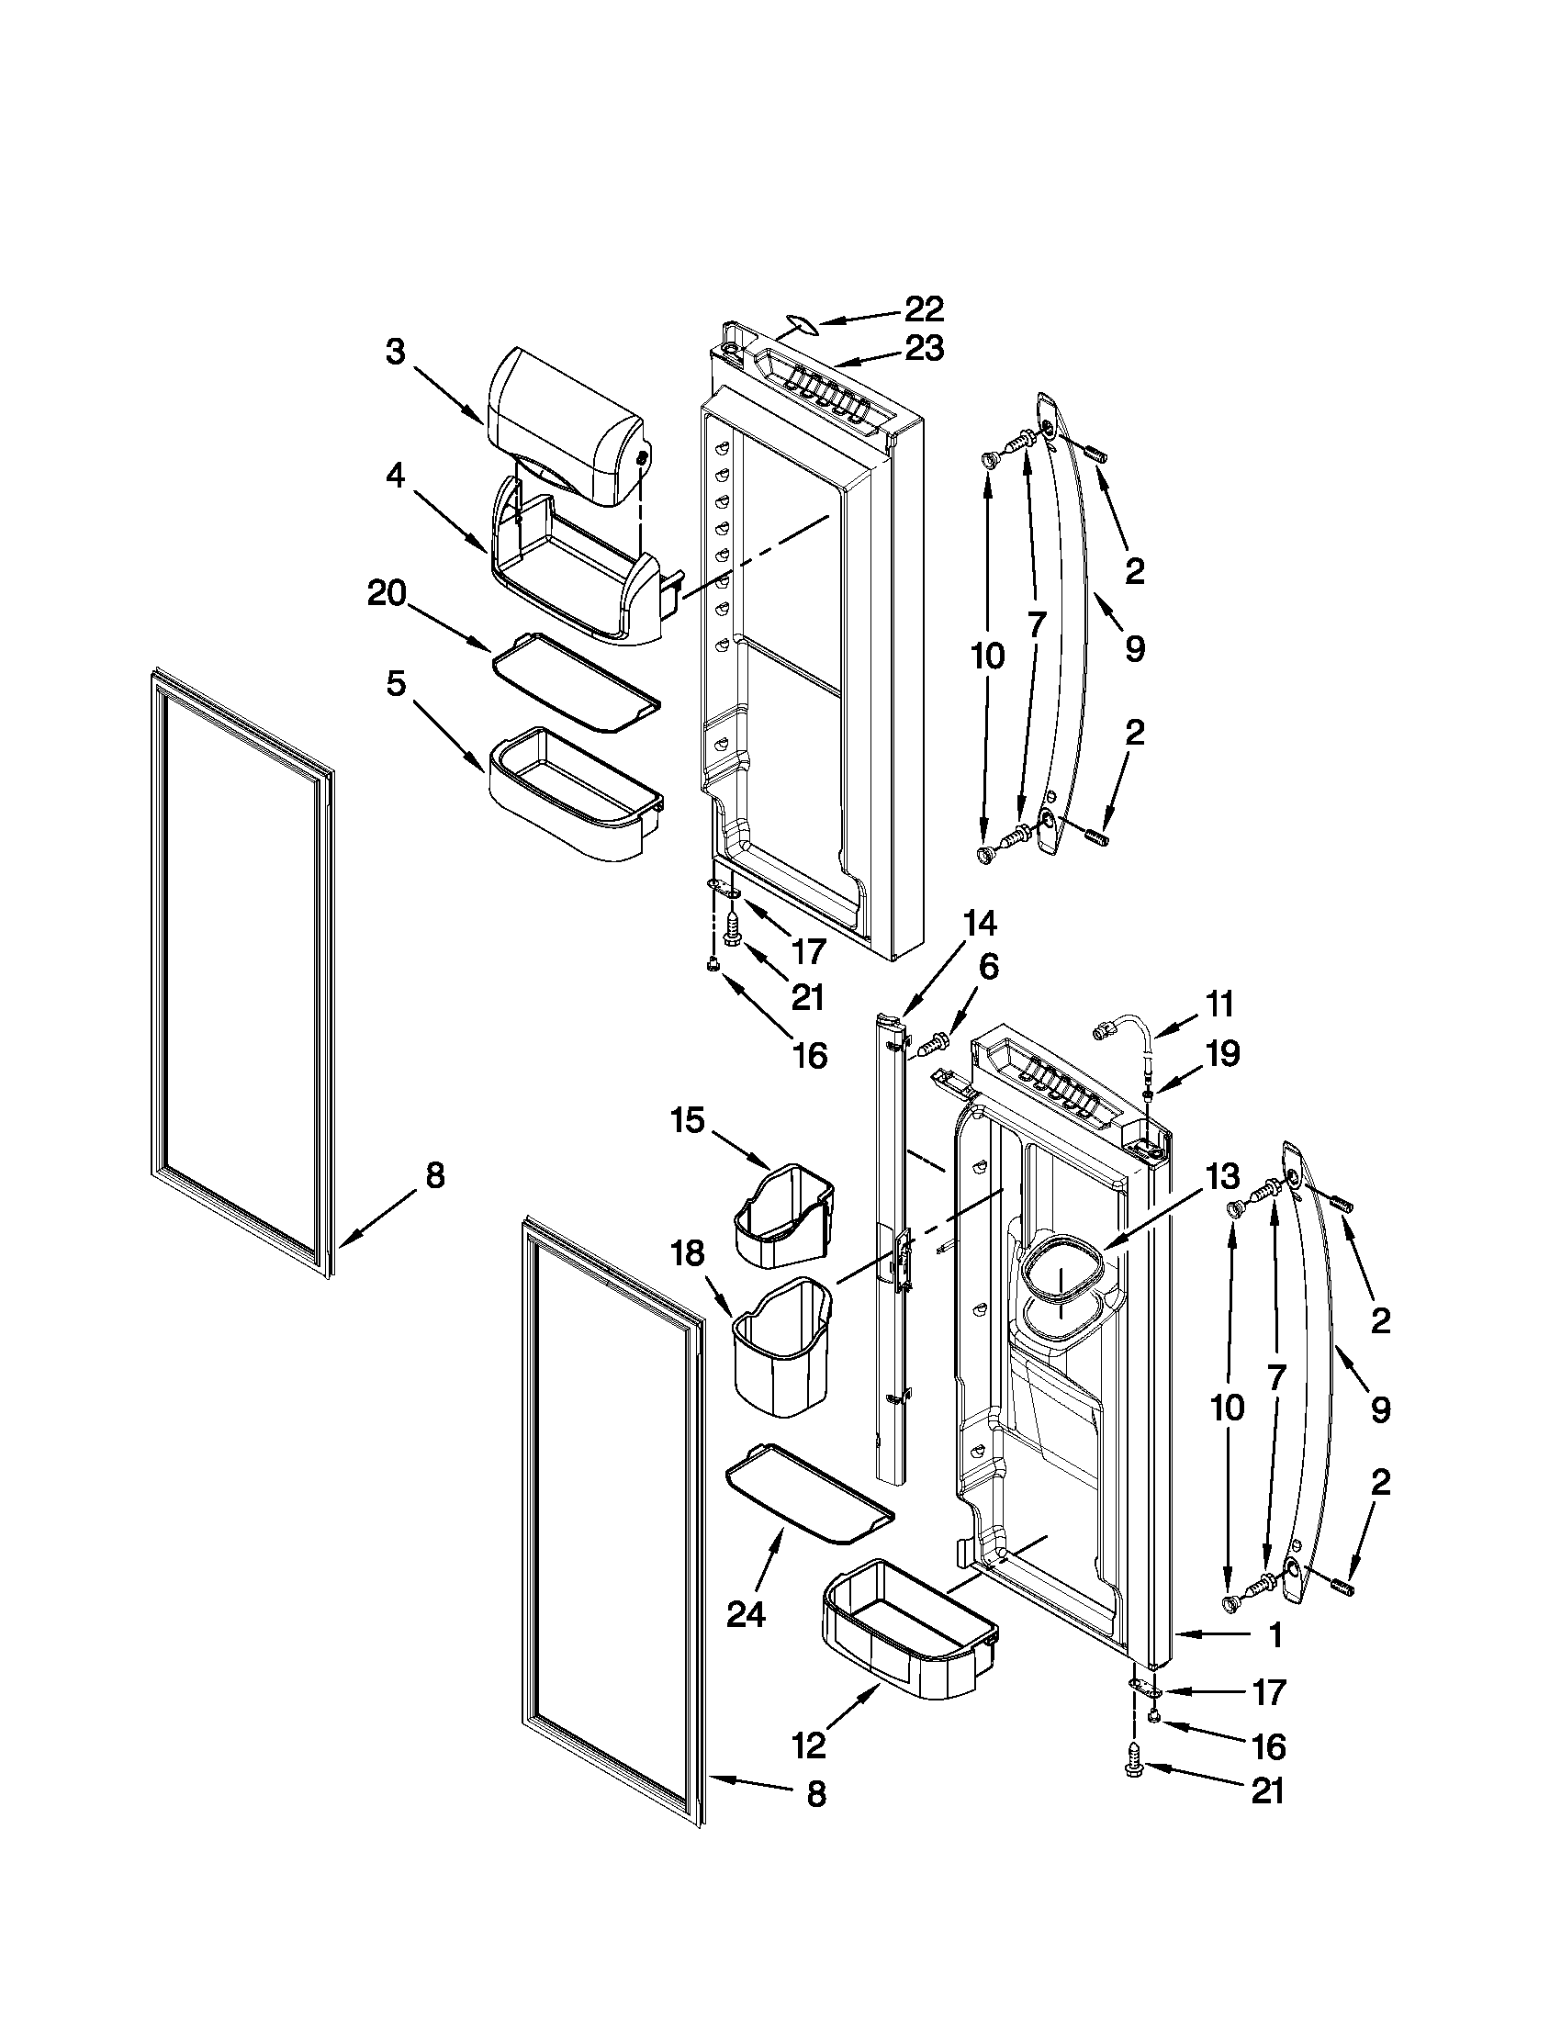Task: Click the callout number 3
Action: [x=396, y=353]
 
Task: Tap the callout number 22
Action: [x=923, y=309]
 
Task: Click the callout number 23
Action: [x=923, y=349]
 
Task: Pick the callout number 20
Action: [x=387, y=593]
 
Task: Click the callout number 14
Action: [x=980, y=923]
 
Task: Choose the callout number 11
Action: [x=1219, y=1004]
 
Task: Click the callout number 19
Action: [x=1221, y=1053]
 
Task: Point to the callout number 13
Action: [x=1221, y=1176]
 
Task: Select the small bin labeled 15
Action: [x=784, y=1218]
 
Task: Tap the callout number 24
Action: [x=746, y=1614]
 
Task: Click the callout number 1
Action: [x=1275, y=1635]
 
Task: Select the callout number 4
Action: [x=395, y=477]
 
